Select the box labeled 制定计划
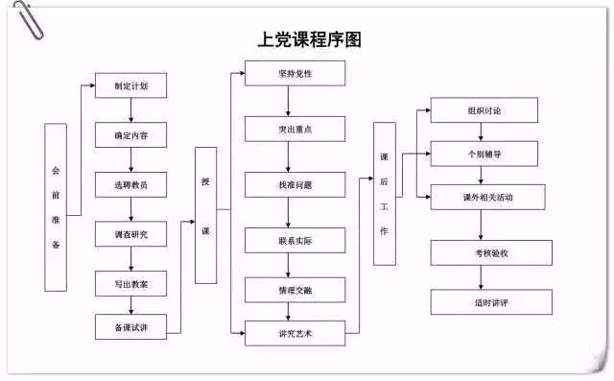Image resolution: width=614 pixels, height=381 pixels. tap(131, 85)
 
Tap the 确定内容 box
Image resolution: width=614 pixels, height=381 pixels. tap(131, 135)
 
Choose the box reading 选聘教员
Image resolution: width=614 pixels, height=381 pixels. tap(131, 184)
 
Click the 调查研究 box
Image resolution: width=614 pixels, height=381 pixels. tap(131, 233)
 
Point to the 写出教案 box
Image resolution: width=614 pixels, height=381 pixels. tap(131, 283)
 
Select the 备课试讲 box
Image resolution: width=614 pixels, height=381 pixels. tap(131, 327)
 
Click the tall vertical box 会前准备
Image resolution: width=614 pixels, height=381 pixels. tap(56, 206)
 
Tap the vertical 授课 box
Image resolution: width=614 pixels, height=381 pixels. tap(205, 215)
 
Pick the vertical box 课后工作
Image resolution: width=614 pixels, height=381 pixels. tap(384, 193)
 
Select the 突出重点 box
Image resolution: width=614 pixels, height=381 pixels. tap(294, 129)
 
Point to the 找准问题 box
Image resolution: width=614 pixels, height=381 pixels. tap(294, 183)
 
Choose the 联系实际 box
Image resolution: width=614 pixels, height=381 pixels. tap(294, 240)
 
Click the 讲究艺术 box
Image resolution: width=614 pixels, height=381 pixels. tap(294, 334)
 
